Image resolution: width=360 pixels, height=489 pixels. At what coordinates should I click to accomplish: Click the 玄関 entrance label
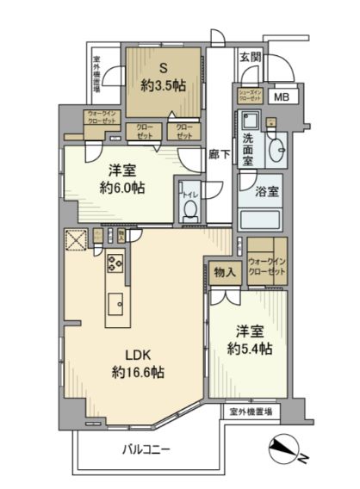[251, 57]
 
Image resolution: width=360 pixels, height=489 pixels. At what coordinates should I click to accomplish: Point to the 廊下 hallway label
[219, 156]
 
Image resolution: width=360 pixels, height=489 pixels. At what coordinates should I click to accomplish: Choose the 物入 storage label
[222, 272]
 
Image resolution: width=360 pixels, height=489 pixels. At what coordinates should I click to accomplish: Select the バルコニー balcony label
[145, 449]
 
